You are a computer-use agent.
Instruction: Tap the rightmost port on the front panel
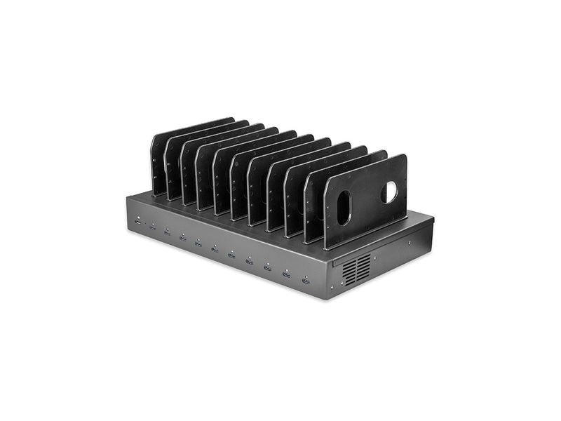[306, 280]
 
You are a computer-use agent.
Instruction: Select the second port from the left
[152, 227]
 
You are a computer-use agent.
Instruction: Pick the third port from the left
[167, 232]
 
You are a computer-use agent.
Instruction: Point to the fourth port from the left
[182, 237]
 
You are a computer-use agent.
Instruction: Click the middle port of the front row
[215, 248]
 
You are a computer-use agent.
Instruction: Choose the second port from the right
[287, 274]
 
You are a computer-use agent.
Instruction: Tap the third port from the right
[268, 267]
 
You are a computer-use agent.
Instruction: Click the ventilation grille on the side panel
[357, 269]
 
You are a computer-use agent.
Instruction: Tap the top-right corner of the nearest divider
[405, 156]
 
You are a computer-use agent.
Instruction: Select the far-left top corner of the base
[127, 198]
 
